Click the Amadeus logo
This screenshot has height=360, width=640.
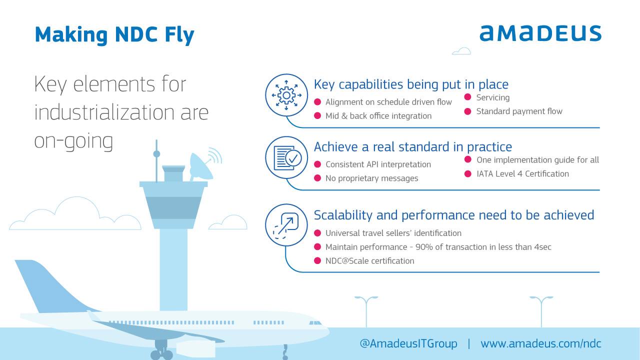coord(540,33)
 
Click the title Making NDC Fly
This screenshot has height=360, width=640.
coord(114,35)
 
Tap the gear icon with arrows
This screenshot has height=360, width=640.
coord(286,95)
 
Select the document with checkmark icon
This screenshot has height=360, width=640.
coord(287,158)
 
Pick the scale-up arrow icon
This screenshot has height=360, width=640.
coord(285,225)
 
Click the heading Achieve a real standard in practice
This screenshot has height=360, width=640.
coord(413,147)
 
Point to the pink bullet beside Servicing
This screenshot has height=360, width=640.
coord(467,97)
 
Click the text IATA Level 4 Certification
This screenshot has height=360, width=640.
coord(522,173)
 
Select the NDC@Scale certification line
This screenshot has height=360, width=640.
coord(369,261)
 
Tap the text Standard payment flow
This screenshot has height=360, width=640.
coord(519,111)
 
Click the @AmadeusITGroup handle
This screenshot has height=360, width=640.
coord(408,343)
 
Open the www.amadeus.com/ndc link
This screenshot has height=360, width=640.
coord(541,343)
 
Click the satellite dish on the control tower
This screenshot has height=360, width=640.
coord(201,167)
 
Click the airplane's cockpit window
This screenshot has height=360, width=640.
coord(315,323)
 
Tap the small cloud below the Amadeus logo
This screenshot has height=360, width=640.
coord(461,51)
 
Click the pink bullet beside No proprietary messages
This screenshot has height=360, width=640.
coord(317,178)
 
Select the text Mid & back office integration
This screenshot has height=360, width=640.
coord(378,115)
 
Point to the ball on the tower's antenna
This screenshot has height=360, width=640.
coord(156,154)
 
